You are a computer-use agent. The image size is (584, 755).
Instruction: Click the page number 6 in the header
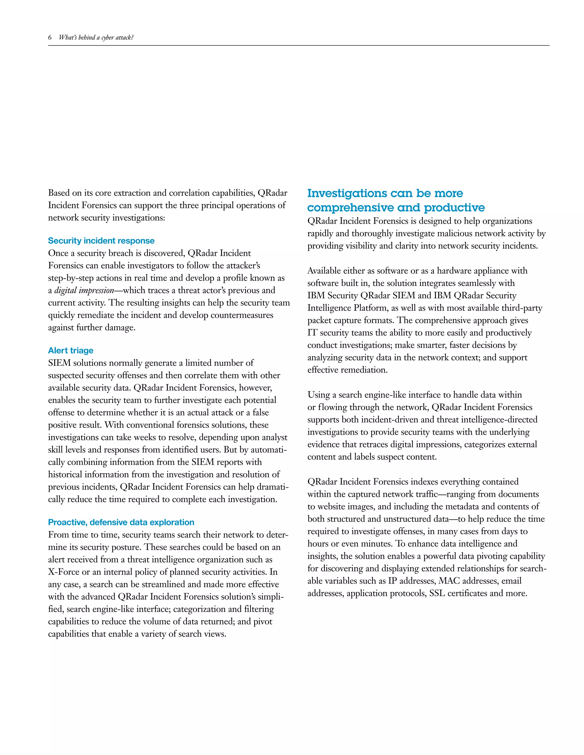coord(50,37)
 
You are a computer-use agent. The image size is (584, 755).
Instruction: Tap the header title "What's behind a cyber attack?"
coord(96,37)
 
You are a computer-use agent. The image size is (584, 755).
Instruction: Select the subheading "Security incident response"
coord(101,241)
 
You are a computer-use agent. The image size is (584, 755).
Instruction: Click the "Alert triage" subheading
coord(71,350)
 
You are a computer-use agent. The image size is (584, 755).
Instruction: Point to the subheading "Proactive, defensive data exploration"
coord(121,522)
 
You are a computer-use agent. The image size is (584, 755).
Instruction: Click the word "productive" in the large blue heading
coord(454,207)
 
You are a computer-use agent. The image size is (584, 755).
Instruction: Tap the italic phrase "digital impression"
coord(84,290)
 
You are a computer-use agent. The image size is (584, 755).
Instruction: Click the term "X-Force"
coord(64,572)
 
